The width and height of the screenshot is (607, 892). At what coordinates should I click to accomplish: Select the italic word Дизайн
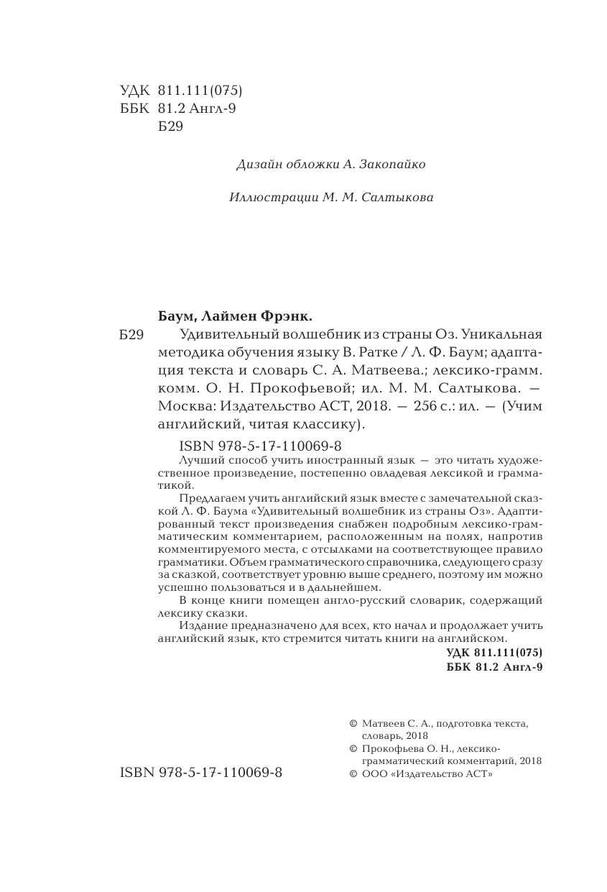click(x=257, y=165)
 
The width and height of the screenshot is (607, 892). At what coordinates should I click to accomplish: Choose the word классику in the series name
click(x=325, y=423)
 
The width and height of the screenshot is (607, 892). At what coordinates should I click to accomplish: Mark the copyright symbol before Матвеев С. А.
click(x=352, y=724)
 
